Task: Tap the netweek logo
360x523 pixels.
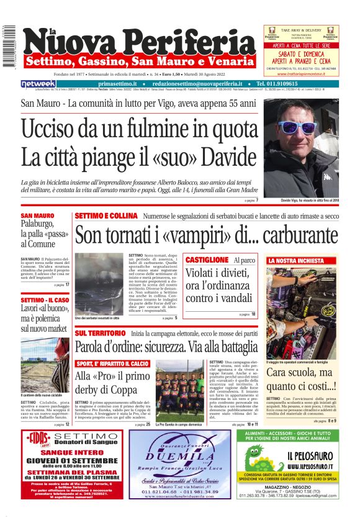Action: point(38,84)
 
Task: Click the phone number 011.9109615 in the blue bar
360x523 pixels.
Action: point(304,84)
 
